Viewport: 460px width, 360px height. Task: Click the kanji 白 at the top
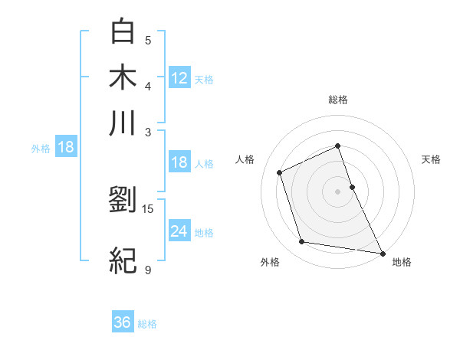click(123, 31)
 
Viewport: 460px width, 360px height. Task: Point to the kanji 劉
click(123, 200)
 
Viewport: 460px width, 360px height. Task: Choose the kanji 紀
click(123, 261)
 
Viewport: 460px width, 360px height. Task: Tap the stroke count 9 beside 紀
click(148, 270)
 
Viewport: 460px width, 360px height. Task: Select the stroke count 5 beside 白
click(148, 40)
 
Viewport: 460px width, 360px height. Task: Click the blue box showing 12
click(179, 77)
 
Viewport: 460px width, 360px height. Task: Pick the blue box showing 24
click(179, 231)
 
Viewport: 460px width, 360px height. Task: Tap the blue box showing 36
click(123, 322)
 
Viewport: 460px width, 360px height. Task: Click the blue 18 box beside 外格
click(66, 147)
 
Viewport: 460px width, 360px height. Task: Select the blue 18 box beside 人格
click(179, 162)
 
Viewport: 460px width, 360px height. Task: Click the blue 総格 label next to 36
click(148, 324)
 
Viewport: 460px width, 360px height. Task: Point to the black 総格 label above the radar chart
click(338, 100)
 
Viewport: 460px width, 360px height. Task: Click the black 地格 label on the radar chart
click(402, 262)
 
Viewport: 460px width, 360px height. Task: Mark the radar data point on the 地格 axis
click(382, 252)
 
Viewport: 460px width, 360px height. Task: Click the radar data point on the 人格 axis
click(281, 172)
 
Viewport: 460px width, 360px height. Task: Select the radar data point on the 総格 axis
click(338, 146)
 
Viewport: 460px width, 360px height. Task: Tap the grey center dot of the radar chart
click(338, 191)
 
